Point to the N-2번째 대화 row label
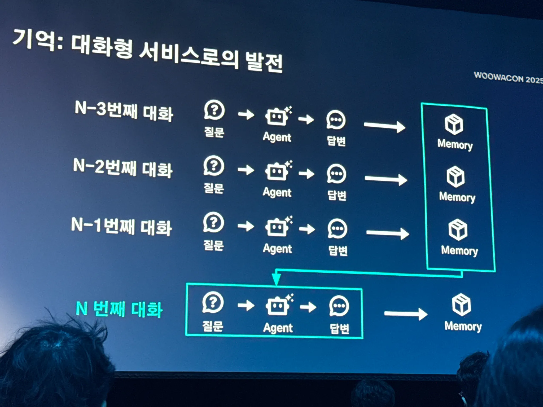point(123,167)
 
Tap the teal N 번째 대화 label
point(119,309)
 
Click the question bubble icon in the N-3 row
point(214,110)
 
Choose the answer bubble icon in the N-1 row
point(337,229)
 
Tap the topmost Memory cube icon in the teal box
point(454,124)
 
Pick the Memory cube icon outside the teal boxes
point(461,305)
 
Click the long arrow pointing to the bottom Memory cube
point(406,314)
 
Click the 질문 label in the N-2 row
point(214,188)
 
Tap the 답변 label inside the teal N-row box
point(339,329)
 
